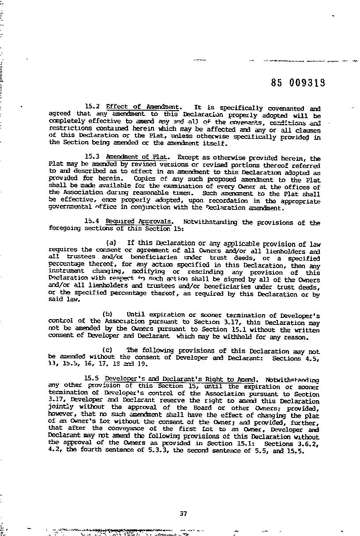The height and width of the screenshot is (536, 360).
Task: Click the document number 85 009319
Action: (x=298, y=83)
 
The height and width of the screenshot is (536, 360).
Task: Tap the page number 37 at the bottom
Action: (x=184, y=513)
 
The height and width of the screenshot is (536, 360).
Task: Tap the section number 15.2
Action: (x=93, y=107)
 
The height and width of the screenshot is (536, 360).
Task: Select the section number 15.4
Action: (x=93, y=222)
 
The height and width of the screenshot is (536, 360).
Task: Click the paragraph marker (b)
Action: (x=108, y=315)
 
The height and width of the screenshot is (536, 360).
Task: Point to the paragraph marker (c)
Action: (x=108, y=351)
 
